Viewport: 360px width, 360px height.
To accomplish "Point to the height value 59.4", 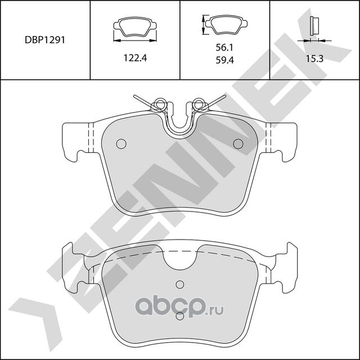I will (224, 62).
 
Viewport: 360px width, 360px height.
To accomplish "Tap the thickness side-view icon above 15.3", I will (314, 27).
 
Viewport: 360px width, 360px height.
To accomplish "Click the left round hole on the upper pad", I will (120, 144).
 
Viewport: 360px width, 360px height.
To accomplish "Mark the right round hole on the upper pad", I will (238, 144).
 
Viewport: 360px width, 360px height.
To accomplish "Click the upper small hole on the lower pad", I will (179, 283).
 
